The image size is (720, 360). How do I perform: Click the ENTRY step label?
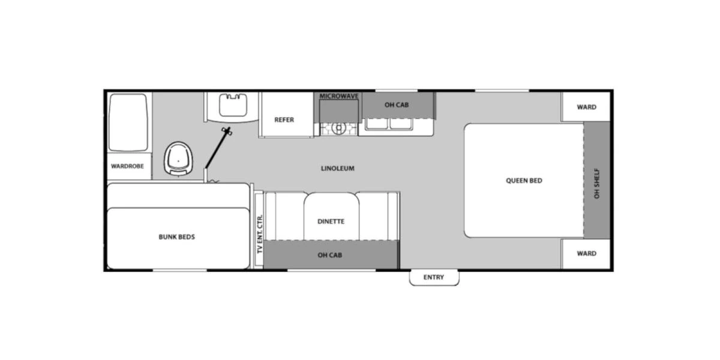pos(434,277)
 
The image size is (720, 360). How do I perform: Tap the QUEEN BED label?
pos(524,180)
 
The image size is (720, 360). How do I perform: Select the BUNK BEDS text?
pos(177,237)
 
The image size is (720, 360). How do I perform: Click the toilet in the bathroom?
pos(178,159)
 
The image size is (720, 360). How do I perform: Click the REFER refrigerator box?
pos(284,119)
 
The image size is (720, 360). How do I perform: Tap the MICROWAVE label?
pos(338,96)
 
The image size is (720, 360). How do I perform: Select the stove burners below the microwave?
pos(338,128)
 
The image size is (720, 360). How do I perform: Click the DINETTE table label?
pos(331,221)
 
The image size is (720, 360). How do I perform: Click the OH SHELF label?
pos(596,183)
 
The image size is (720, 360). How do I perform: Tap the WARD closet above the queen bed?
pos(586,107)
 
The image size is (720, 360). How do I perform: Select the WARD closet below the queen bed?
pos(586,253)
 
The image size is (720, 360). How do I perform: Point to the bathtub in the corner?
pos(128,122)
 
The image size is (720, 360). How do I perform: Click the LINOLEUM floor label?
pos(338,169)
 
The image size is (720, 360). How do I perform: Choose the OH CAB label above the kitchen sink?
pos(397,105)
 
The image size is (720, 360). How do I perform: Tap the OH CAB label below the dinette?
pos(330,255)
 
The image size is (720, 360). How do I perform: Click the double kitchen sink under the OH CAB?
pos(389,124)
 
